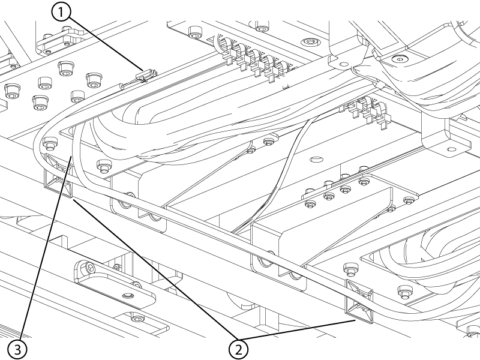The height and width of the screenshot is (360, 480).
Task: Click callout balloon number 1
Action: click(61, 13)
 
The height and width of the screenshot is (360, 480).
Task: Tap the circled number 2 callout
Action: click(238, 349)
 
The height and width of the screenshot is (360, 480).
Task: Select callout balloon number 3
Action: click(17, 349)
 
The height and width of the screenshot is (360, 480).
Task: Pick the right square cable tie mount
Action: click(359, 300)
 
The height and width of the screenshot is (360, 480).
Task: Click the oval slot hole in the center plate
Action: click(317, 160)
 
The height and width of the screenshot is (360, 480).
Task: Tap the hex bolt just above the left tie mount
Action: click(50, 143)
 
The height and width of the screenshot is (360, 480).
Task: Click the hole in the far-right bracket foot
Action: click(451, 149)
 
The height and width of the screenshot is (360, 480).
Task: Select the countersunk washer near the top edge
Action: click(310, 41)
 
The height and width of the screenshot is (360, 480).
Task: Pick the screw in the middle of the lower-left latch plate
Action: click(127, 296)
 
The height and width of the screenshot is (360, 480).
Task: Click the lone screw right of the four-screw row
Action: click(409, 201)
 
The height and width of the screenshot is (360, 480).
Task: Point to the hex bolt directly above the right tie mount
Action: click(351, 268)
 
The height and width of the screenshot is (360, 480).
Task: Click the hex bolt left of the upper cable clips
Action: click(194, 32)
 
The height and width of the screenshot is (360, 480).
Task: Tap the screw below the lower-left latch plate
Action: click(137, 319)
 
